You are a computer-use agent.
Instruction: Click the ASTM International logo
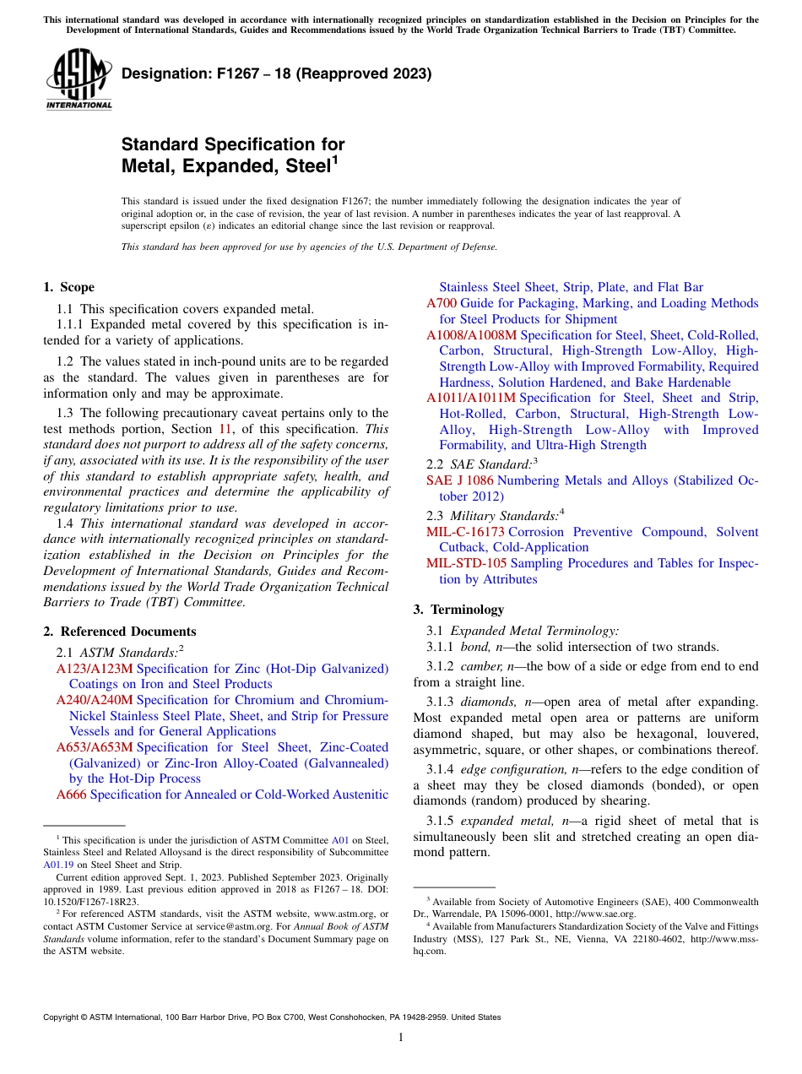click(x=79, y=80)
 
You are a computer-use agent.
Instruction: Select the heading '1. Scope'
click(x=69, y=287)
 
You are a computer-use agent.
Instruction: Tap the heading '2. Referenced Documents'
click(x=120, y=632)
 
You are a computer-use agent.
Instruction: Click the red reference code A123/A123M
click(x=95, y=669)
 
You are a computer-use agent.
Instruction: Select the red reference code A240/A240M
click(x=95, y=700)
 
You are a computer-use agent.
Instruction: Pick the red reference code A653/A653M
click(x=95, y=747)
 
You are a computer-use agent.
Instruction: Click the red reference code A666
click(x=72, y=795)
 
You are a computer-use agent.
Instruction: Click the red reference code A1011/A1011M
click(x=471, y=398)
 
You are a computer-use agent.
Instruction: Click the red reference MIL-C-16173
click(x=465, y=532)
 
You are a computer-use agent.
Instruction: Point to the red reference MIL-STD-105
click(x=464, y=563)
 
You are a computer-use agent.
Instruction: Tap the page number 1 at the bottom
click(x=401, y=1038)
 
